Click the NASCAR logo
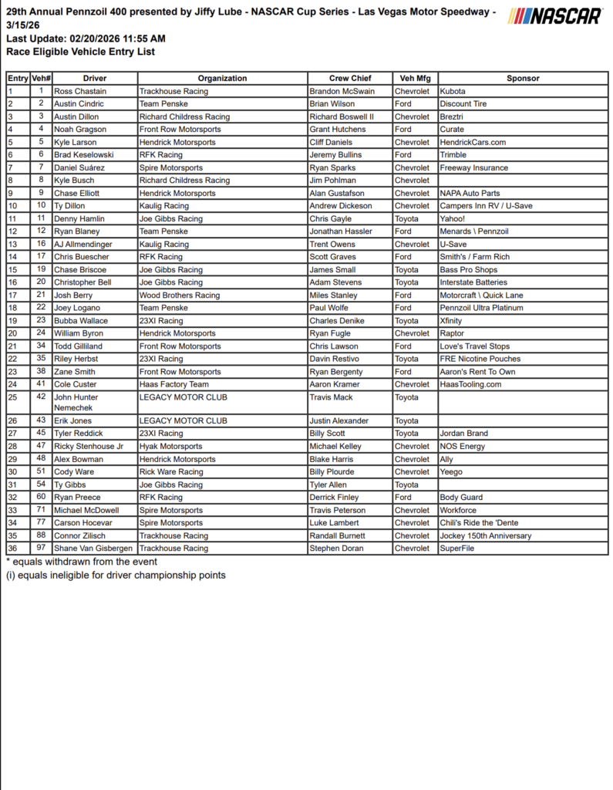(x=555, y=15)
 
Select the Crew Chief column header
(x=350, y=78)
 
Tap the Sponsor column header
(x=523, y=78)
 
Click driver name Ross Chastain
(x=80, y=91)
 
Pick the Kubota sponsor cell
(x=453, y=91)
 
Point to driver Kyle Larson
(x=76, y=142)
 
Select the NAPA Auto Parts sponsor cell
(x=470, y=193)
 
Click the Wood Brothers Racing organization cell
(x=180, y=295)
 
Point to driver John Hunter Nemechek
(x=76, y=402)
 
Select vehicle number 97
(x=41, y=548)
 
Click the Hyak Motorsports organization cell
(x=170, y=446)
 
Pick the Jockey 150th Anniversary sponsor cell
(x=485, y=535)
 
